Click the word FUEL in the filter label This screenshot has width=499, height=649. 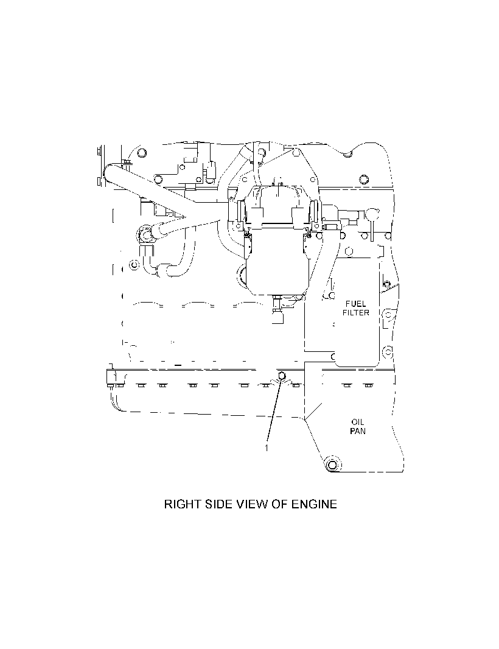pos(355,304)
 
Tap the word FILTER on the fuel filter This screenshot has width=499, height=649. pos(355,313)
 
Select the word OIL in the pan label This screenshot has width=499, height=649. pos(357,422)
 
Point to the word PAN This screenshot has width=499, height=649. pos(357,431)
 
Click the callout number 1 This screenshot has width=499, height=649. pos(267,448)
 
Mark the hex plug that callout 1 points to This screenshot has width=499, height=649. pos(281,376)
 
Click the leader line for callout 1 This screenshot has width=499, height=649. pos(274,410)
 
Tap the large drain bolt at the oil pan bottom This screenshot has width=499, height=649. pos(332,465)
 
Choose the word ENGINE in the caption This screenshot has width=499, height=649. pos(315,504)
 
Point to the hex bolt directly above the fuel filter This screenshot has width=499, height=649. pos(349,251)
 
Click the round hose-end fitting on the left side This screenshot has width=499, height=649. pos(145,234)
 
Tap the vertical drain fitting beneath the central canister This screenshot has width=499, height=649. pos(277,309)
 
